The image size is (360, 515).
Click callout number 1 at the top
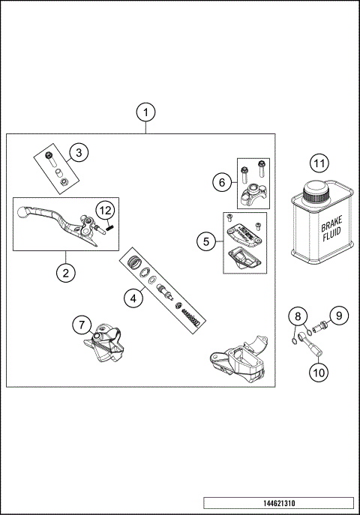coord(147,112)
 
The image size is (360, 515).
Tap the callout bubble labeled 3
coord(79,152)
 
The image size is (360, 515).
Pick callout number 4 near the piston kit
coord(133,298)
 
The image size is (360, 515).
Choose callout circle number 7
coord(81,325)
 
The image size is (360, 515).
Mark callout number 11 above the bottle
coord(319,163)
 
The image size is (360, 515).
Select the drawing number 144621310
coord(277,502)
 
